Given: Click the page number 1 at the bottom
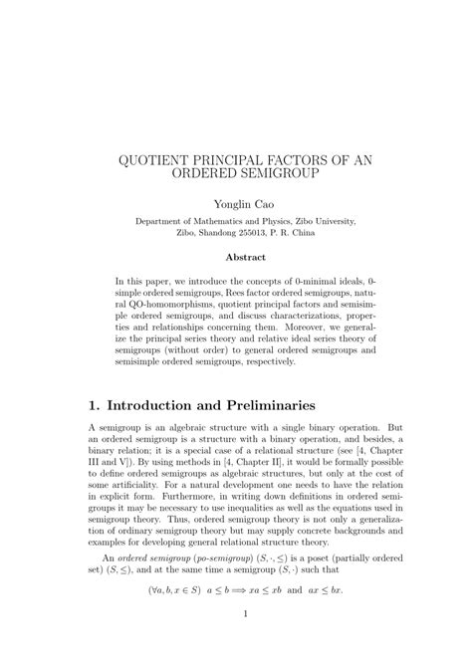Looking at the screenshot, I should (236, 642).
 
